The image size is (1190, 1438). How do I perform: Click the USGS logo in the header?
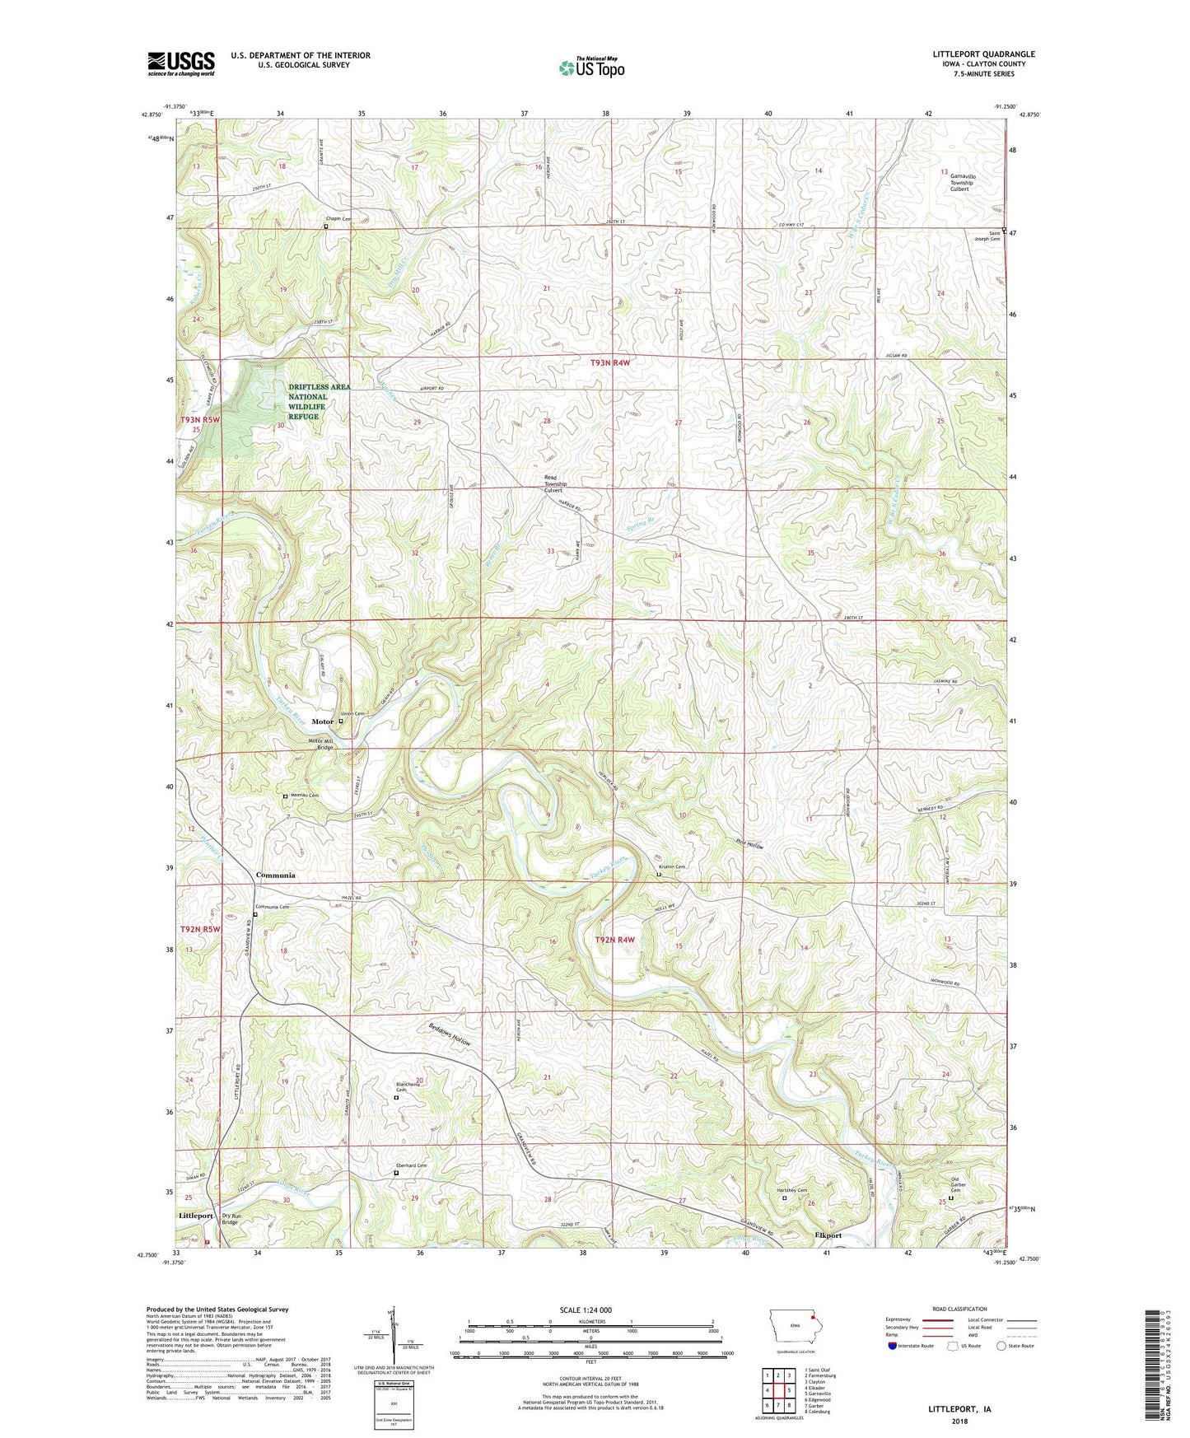[x=181, y=63]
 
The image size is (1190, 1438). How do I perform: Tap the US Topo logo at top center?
[x=590, y=68]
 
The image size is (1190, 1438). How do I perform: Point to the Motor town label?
[x=323, y=721]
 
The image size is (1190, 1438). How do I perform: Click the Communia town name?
[x=275, y=875]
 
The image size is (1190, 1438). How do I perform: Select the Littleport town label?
[x=196, y=1216]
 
